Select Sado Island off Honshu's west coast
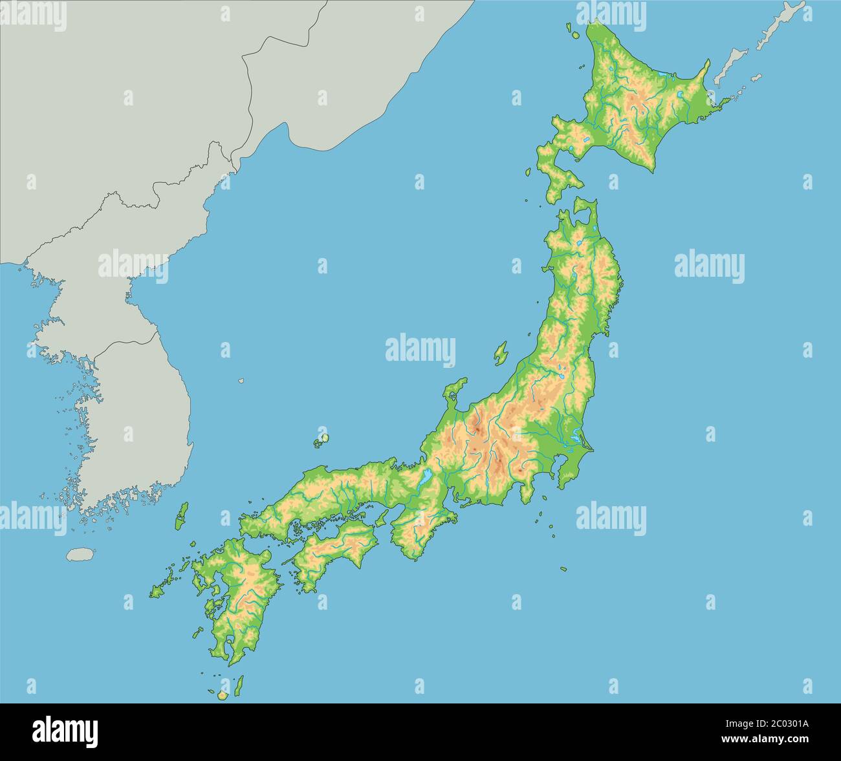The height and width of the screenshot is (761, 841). (x=500, y=353)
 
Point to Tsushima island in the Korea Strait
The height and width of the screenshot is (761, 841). (x=183, y=516)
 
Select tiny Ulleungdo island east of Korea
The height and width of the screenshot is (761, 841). (x=241, y=381)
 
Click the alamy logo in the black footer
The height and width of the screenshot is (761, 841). (x=65, y=731)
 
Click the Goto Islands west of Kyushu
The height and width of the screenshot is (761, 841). (x=158, y=590)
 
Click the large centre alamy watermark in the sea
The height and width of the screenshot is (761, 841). (x=420, y=349)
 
